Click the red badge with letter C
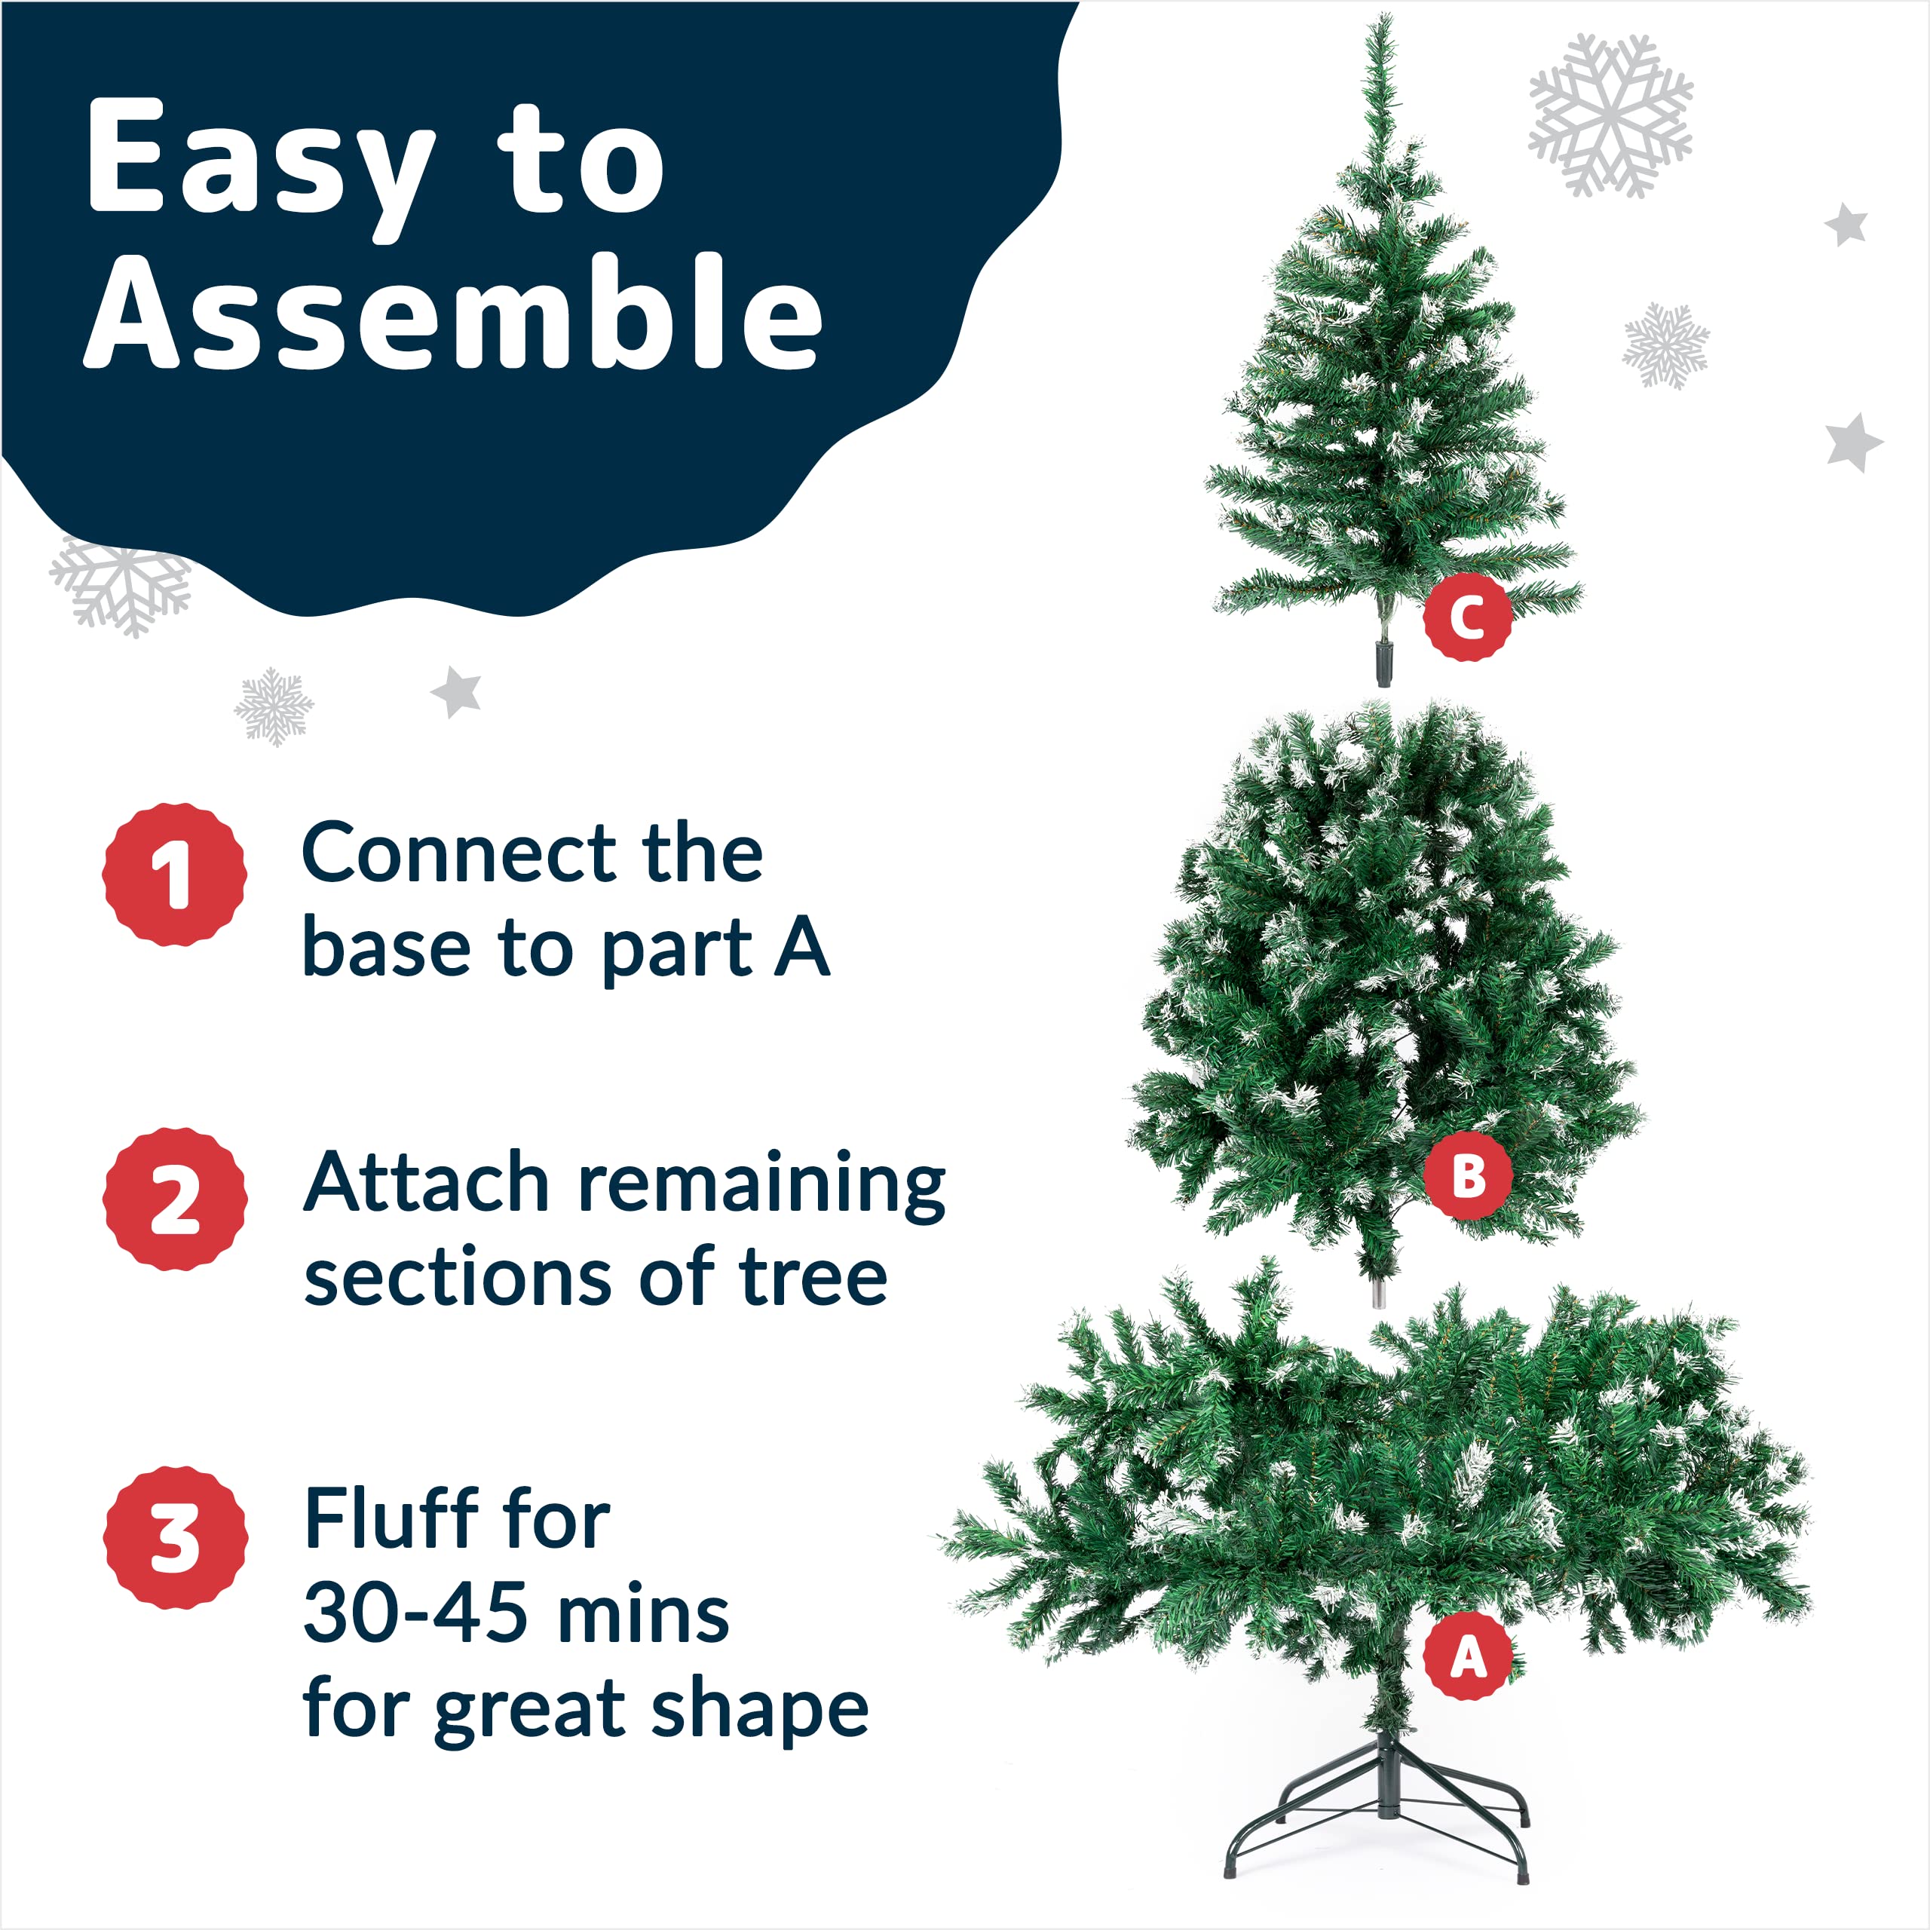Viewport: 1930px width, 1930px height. [x=1466, y=617]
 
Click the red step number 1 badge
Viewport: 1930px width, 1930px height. [x=175, y=874]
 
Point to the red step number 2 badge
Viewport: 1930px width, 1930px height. [x=175, y=1199]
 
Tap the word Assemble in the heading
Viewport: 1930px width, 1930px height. [x=455, y=314]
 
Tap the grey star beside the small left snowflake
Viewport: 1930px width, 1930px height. [x=457, y=691]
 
